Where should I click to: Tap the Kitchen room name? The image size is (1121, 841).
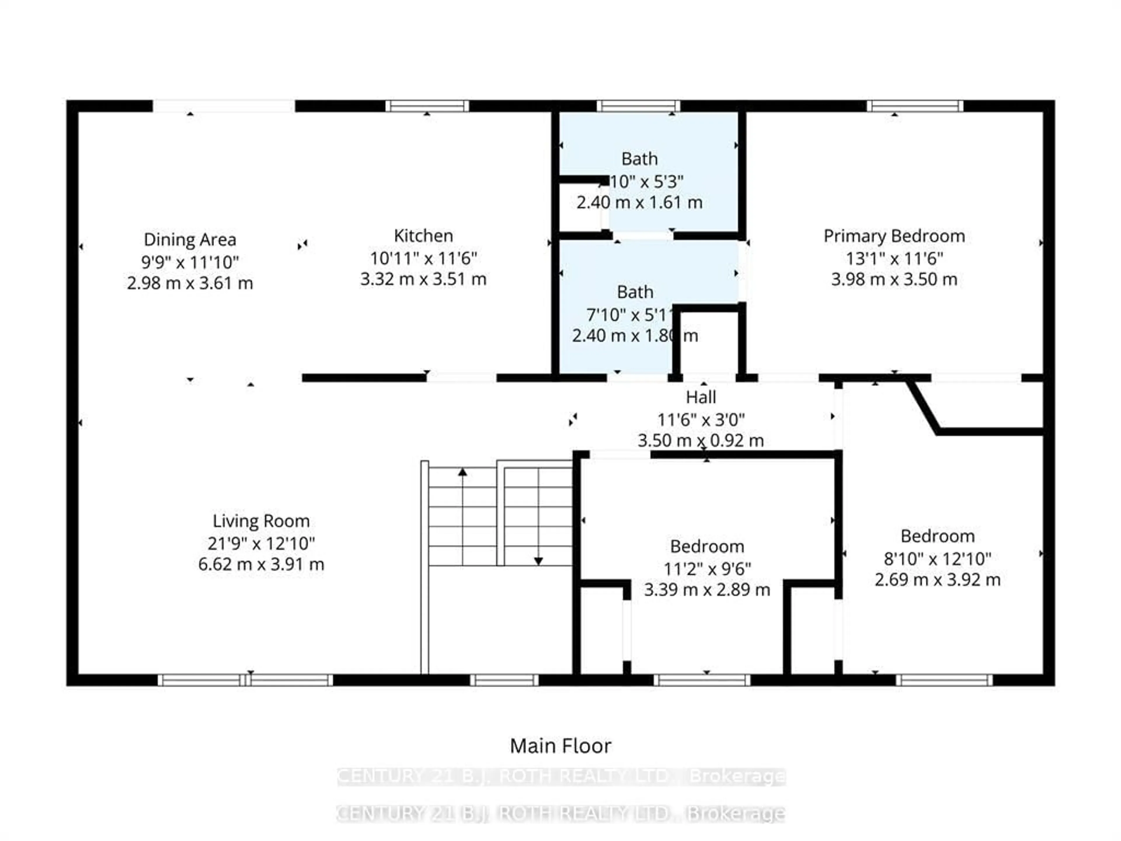point(423,236)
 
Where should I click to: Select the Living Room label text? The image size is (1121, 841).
point(261,521)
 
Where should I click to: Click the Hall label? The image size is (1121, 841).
point(701,397)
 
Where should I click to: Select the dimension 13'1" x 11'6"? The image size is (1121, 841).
point(894,258)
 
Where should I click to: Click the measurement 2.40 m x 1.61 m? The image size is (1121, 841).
point(639,202)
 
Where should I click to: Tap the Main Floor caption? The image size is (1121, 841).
point(560,746)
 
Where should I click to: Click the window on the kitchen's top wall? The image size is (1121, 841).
point(427,106)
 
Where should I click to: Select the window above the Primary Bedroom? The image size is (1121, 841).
point(915,106)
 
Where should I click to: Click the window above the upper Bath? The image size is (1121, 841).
point(638,106)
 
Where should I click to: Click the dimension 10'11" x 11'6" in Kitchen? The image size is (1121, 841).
point(423,258)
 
